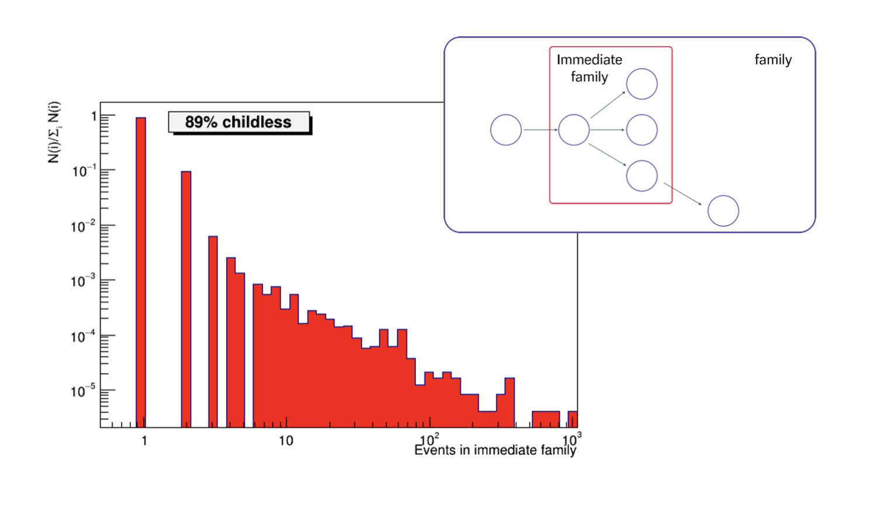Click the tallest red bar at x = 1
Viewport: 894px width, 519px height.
coord(141,272)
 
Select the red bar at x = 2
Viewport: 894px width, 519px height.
coord(186,299)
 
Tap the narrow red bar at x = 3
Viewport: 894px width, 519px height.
coord(213,331)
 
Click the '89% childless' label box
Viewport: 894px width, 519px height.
coord(238,122)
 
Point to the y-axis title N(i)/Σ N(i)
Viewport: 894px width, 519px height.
coord(54,133)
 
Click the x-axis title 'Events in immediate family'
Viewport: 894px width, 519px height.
coord(495,450)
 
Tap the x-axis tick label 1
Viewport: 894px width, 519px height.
coord(144,441)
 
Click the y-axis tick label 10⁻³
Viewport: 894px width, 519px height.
coord(82,281)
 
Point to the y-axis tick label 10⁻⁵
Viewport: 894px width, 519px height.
coord(82,391)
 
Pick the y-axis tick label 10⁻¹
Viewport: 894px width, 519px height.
coord(84,171)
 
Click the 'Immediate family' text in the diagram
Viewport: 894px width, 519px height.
coord(589,68)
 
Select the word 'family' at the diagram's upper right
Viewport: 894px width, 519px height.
coord(772,60)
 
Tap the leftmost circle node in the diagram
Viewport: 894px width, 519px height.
coord(506,130)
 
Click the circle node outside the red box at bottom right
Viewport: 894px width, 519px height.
coord(723,211)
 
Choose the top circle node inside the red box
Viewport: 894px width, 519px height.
coord(642,84)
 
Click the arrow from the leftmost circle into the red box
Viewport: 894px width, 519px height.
coord(540,130)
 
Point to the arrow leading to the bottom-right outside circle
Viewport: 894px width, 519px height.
coord(682,194)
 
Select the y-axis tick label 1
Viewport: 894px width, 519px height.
coord(93,116)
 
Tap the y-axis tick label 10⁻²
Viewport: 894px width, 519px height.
coord(82,226)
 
